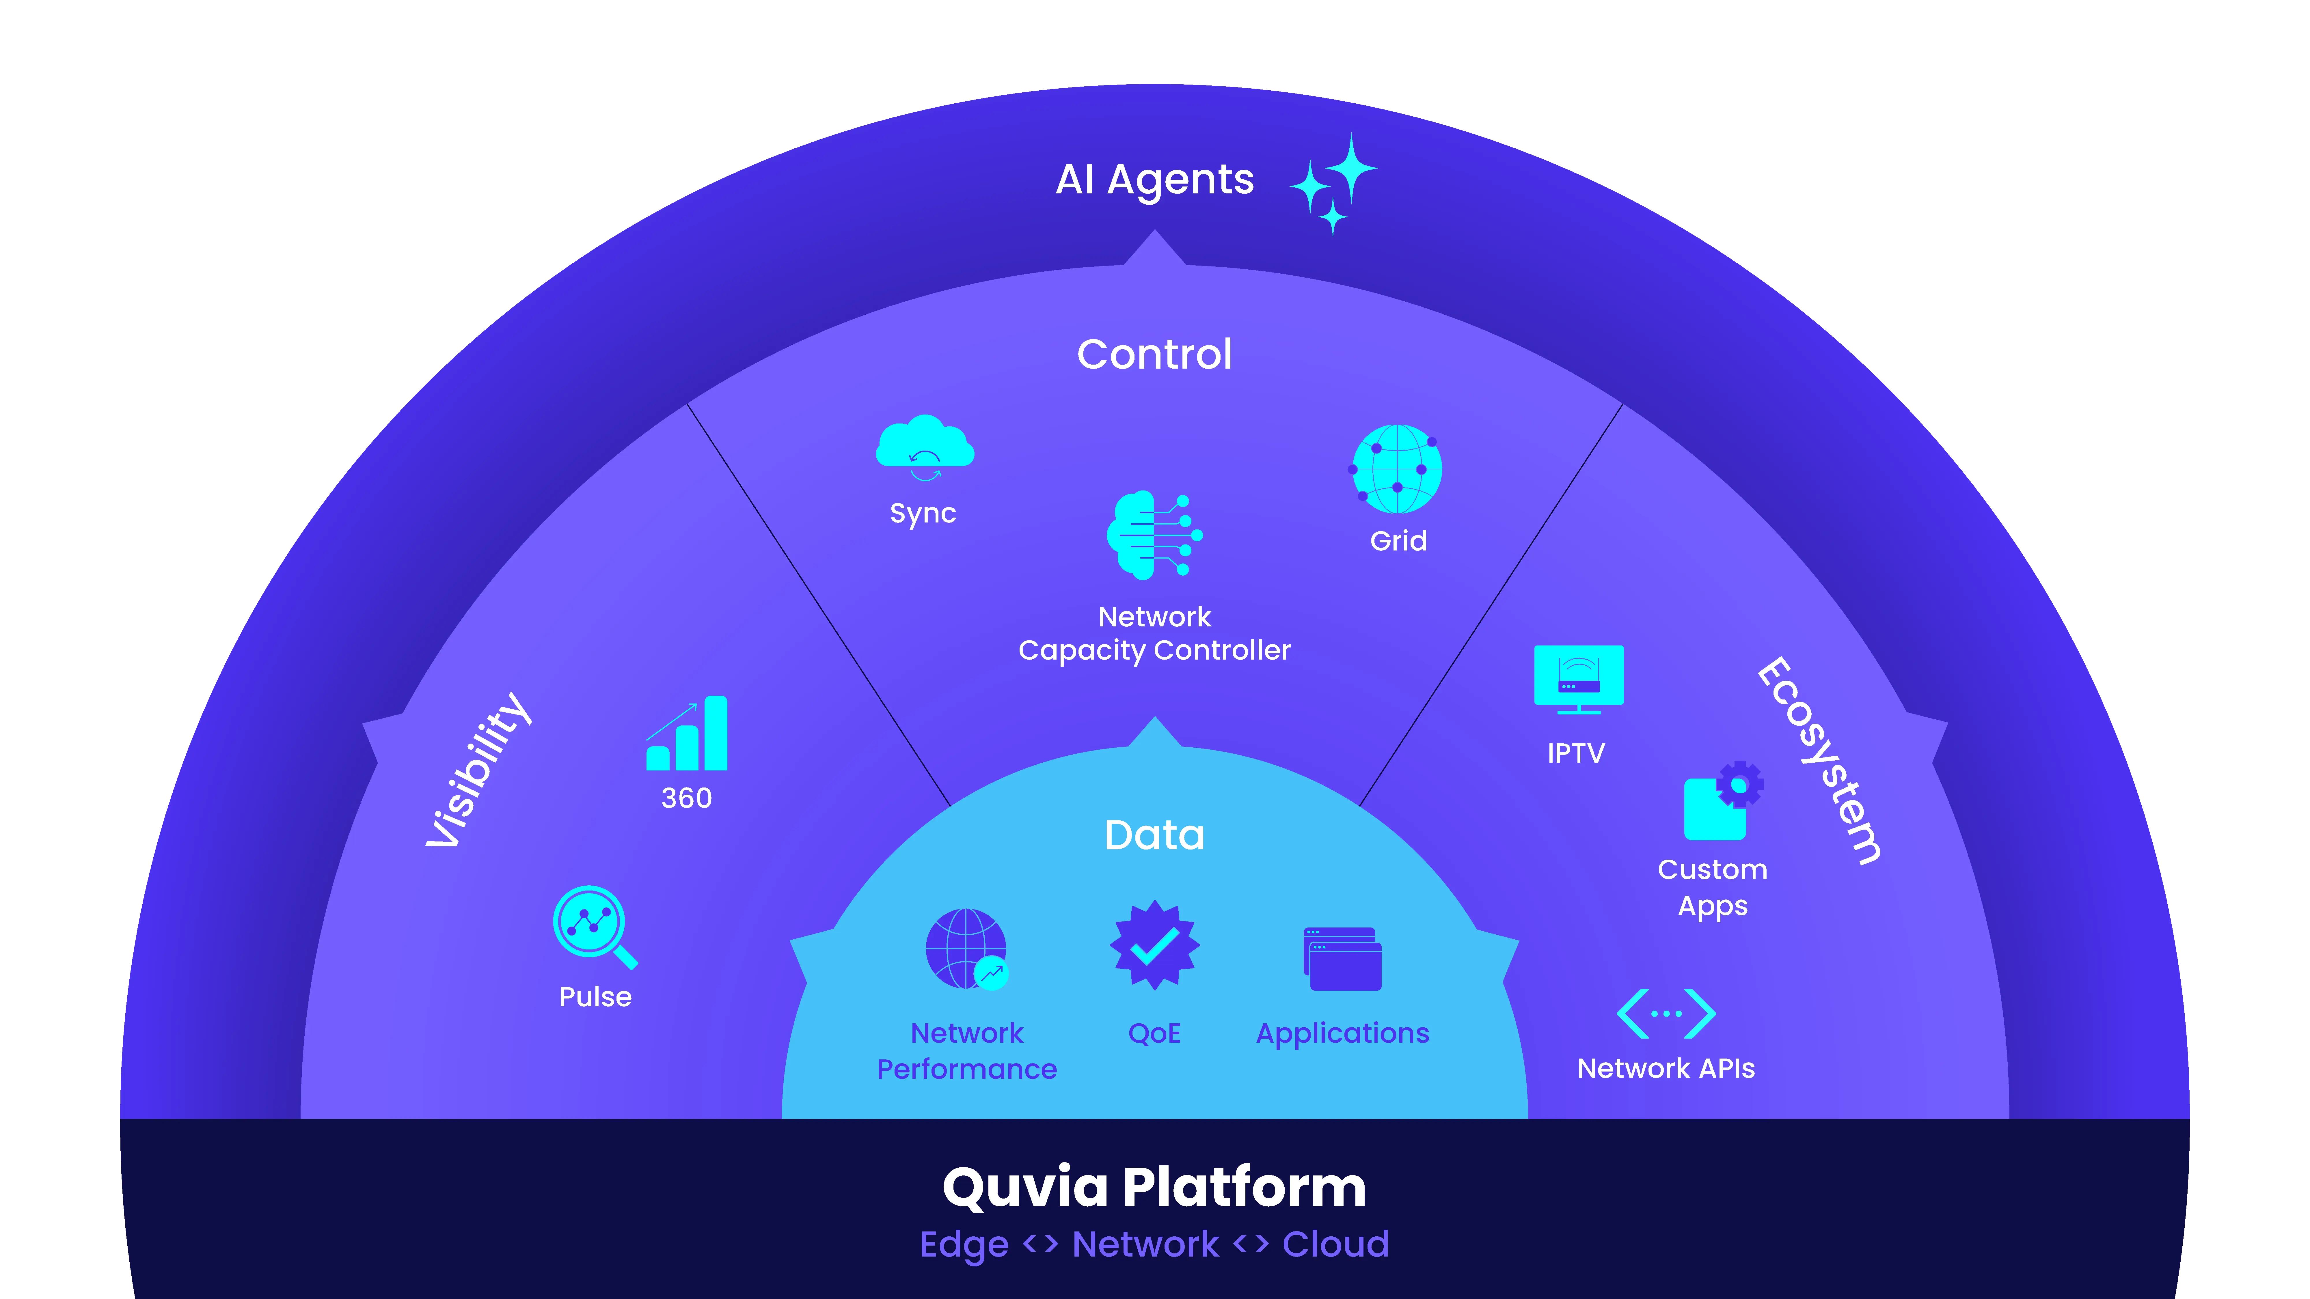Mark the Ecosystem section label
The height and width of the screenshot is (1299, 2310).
pos(1819,760)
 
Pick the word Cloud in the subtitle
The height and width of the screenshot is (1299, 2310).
pos(1335,1244)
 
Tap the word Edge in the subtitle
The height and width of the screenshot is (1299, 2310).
pos(964,1244)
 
